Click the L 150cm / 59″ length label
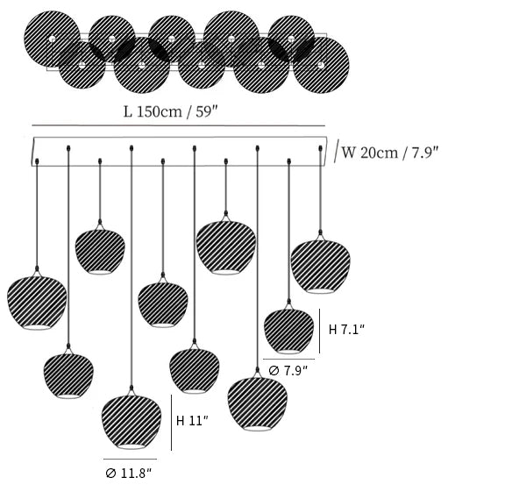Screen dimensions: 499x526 (x=178, y=111)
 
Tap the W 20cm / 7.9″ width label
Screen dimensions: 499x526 (x=389, y=152)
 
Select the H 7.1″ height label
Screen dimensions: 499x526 (x=346, y=330)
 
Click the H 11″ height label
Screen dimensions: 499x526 (x=192, y=421)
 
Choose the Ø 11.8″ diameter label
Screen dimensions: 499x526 (x=129, y=473)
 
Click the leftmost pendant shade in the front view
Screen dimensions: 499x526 (x=37, y=303)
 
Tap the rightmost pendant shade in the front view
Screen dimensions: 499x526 (x=320, y=266)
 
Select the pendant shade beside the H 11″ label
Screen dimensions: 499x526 (x=131, y=423)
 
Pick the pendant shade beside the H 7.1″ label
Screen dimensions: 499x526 (x=288, y=330)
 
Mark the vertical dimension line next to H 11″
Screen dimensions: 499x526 (x=171, y=421)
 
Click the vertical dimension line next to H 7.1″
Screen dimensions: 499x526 (x=320, y=331)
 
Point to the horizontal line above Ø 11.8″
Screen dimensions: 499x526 (x=130, y=459)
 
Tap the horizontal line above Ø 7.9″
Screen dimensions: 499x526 (x=288, y=359)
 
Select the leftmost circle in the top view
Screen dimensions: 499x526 (x=52, y=39)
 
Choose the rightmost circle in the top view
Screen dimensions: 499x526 (x=320, y=65)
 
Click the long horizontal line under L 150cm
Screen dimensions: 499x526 (x=178, y=125)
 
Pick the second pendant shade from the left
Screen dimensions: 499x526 (x=69, y=375)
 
